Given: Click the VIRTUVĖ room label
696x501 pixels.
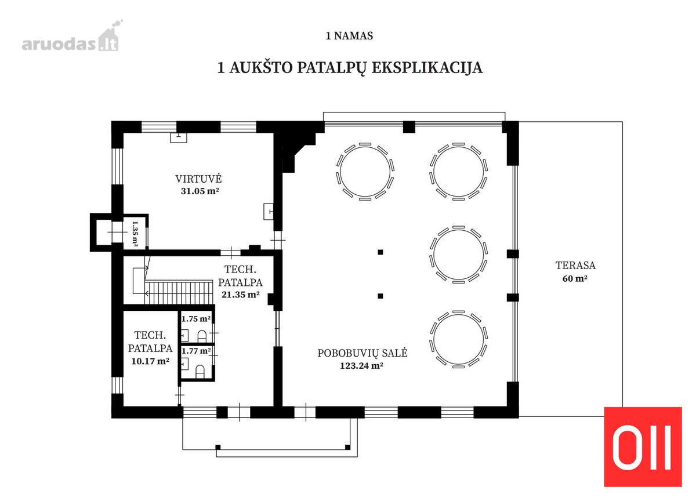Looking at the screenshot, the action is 198,179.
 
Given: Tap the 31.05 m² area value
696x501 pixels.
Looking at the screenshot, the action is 200,191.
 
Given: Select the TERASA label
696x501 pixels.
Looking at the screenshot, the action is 575,266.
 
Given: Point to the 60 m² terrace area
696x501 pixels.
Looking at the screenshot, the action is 575,278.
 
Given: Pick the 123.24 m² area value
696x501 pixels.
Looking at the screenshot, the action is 361,365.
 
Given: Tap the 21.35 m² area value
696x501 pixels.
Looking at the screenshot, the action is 241,295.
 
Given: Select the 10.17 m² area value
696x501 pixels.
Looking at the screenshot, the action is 150,361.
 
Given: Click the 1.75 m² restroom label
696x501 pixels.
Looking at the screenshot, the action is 196,319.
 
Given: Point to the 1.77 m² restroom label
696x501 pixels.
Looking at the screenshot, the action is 196,351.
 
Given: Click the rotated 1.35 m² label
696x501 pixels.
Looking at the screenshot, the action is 135,234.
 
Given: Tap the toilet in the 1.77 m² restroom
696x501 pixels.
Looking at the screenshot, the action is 200,372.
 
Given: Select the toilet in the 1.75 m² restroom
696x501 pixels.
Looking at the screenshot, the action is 202,337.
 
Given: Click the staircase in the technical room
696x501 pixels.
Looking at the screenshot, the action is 179,292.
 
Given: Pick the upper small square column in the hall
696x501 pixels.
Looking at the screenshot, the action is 380,252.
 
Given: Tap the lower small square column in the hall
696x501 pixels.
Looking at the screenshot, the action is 380,296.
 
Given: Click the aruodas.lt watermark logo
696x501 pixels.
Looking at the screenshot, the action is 71,37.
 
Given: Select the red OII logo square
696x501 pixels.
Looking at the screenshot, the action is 643,447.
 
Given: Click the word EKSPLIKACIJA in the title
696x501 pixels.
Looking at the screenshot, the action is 427,68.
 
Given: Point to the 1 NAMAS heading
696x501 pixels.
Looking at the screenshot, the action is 349,36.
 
